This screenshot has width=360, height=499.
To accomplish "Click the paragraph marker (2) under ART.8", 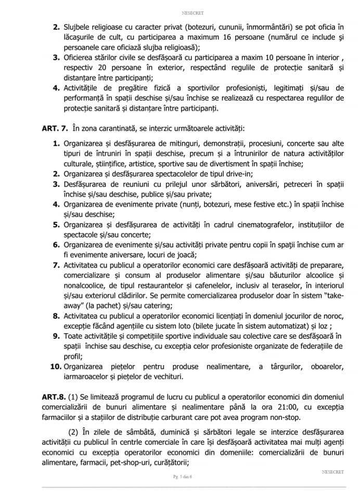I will [75, 432].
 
